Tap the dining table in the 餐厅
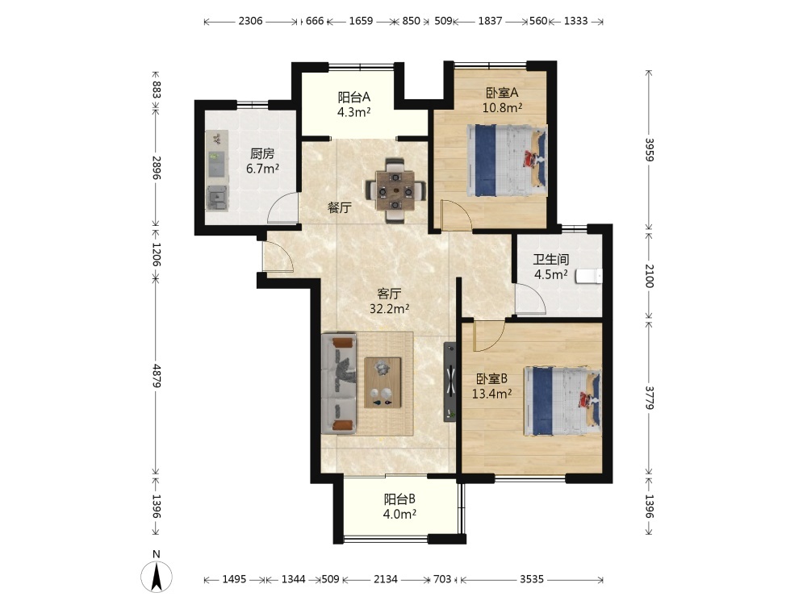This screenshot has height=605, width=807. (x=395, y=191)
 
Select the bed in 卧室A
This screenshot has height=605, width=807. (x=507, y=161)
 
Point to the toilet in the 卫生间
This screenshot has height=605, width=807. (x=589, y=276)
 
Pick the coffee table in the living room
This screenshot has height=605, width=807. (x=383, y=382)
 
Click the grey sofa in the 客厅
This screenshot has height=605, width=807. (x=339, y=384)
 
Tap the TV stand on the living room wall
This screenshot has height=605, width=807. (x=450, y=382)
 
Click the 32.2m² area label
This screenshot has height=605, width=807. (x=390, y=309)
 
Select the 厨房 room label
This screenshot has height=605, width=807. (x=262, y=153)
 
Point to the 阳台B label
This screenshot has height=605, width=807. (x=400, y=499)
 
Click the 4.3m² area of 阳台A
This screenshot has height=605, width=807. (x=354, y=112)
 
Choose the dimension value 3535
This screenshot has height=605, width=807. (x=532, y=579)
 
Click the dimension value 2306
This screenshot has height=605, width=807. (x=251, y=21)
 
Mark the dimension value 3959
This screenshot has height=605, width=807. (x=650, y=149)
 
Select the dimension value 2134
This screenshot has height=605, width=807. (x=386, y=579)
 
